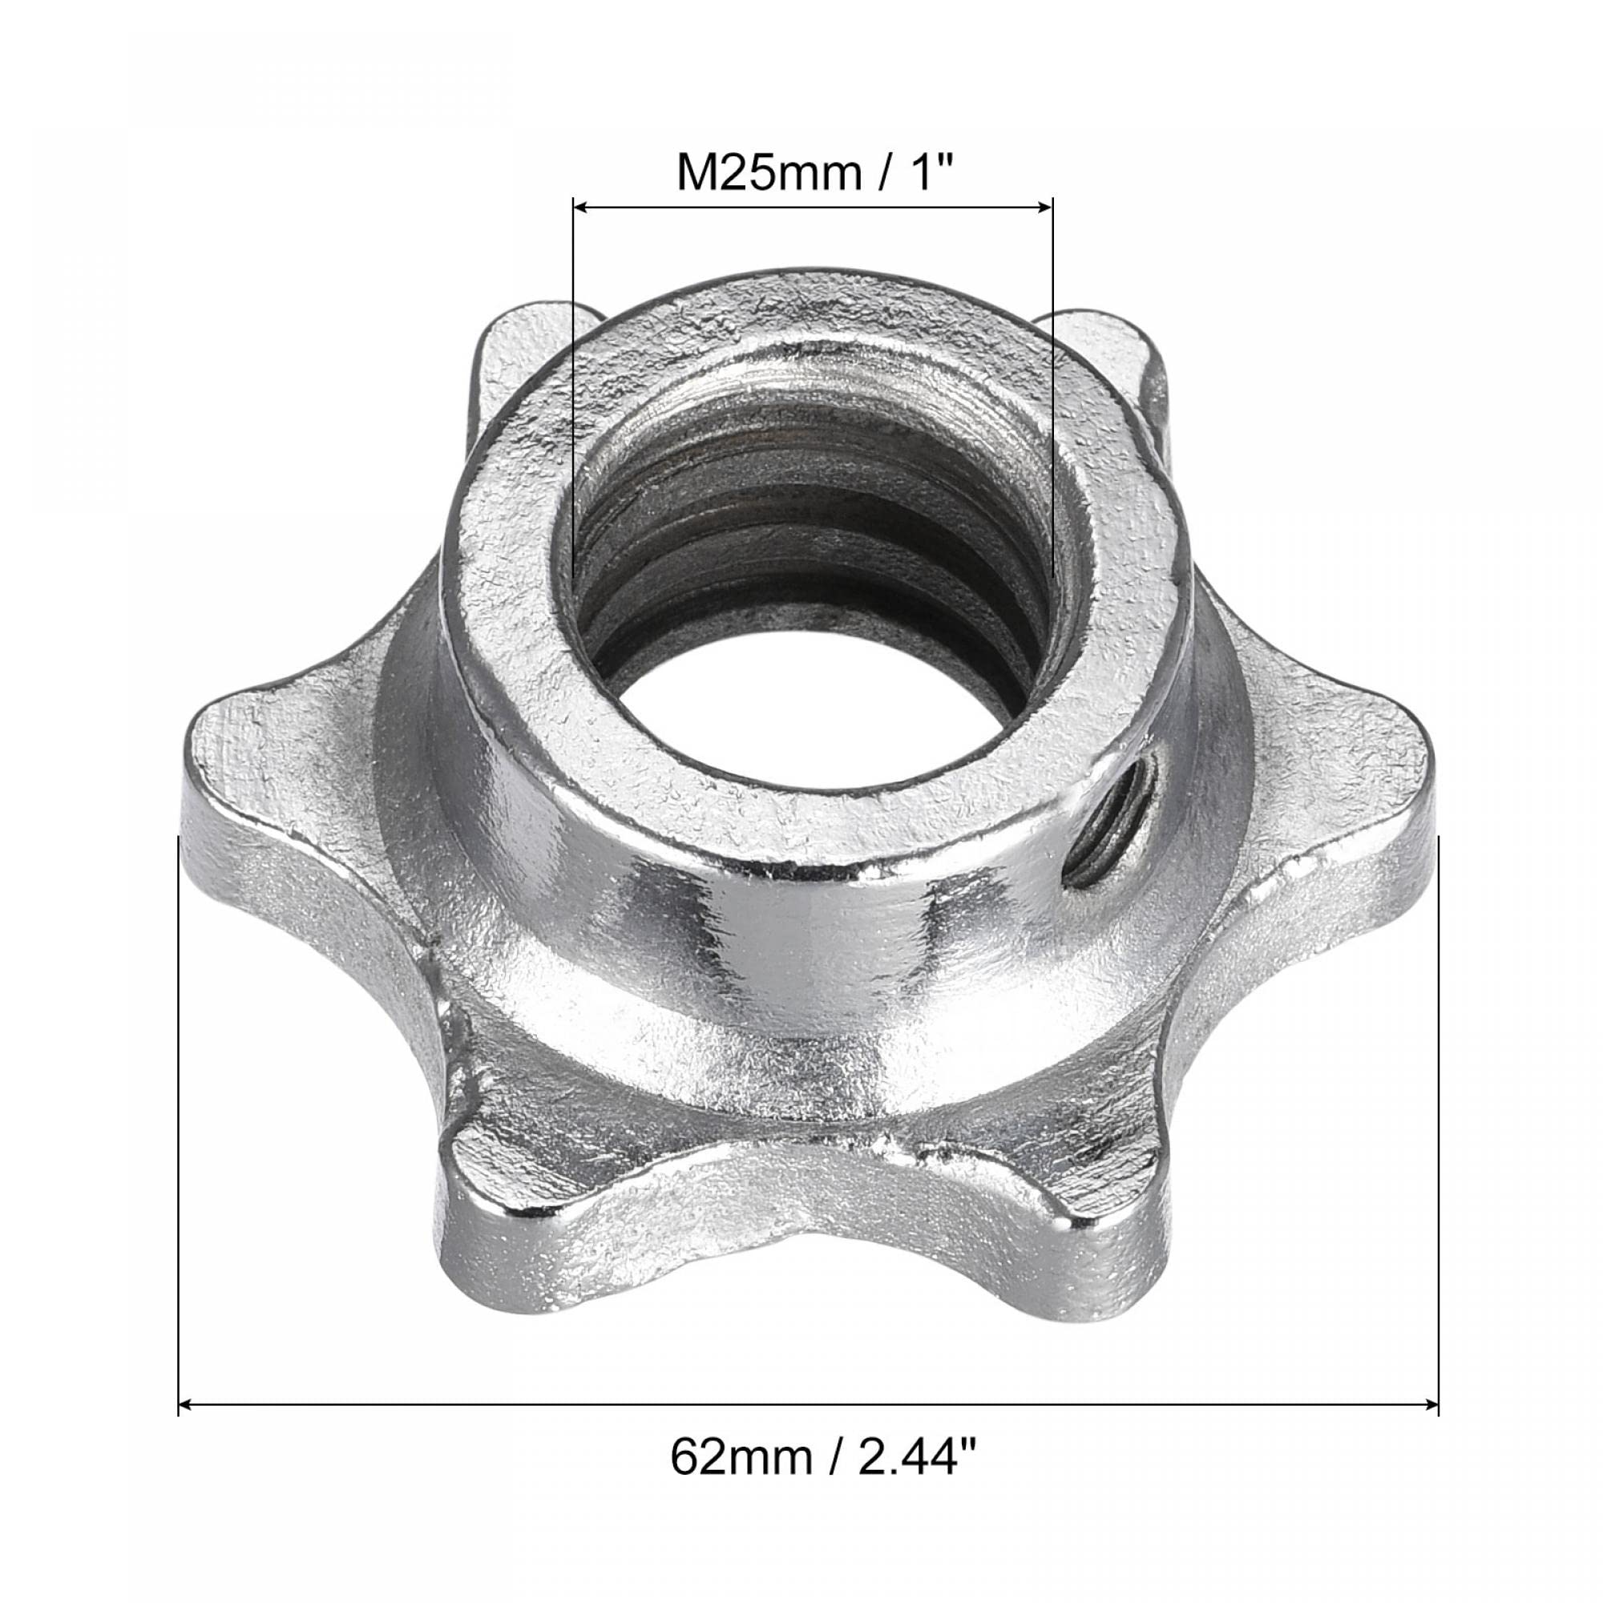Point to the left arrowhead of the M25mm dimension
582,208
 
